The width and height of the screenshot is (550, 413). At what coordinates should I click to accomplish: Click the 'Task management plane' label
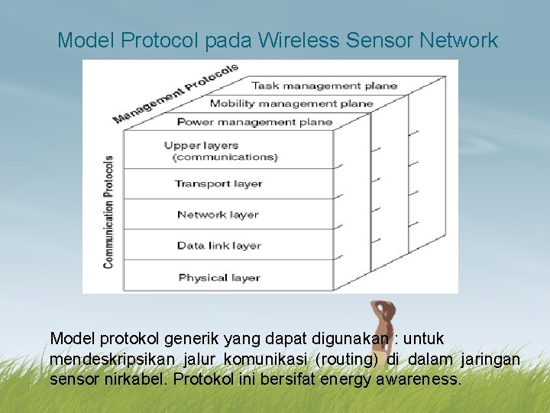(324, 86)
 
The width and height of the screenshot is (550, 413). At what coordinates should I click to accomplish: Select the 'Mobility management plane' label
(291, 103)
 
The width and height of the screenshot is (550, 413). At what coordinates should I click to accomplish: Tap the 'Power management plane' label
(254, 122)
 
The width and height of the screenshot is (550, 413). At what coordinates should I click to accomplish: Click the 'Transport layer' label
(218, 184)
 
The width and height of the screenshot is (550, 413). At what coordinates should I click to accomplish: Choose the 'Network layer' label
(217, 215)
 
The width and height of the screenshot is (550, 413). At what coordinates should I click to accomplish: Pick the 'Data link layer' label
(218, 246)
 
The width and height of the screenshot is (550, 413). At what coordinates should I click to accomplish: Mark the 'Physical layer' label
(218, 278)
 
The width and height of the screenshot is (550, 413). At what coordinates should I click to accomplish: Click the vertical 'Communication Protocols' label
(108, 212)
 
